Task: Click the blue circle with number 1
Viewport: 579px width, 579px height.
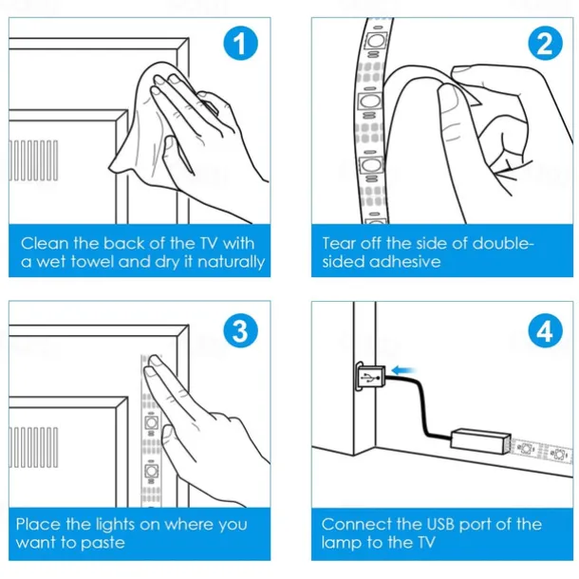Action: (241, 44)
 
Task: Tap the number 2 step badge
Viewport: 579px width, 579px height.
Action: (545, 44)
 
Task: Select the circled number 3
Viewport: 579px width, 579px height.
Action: (241, 330)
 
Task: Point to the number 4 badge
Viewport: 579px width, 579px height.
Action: (545, 330)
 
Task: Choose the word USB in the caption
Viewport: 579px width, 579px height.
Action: (440, 524)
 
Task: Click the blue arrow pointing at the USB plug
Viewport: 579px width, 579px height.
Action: (403, 370)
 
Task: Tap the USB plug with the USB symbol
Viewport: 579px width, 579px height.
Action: (370, 377)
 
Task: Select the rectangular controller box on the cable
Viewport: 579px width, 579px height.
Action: (481, 441)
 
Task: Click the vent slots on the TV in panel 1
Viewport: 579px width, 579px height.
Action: (33, 160)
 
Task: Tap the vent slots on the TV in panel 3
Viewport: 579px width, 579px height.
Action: (33, 448)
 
